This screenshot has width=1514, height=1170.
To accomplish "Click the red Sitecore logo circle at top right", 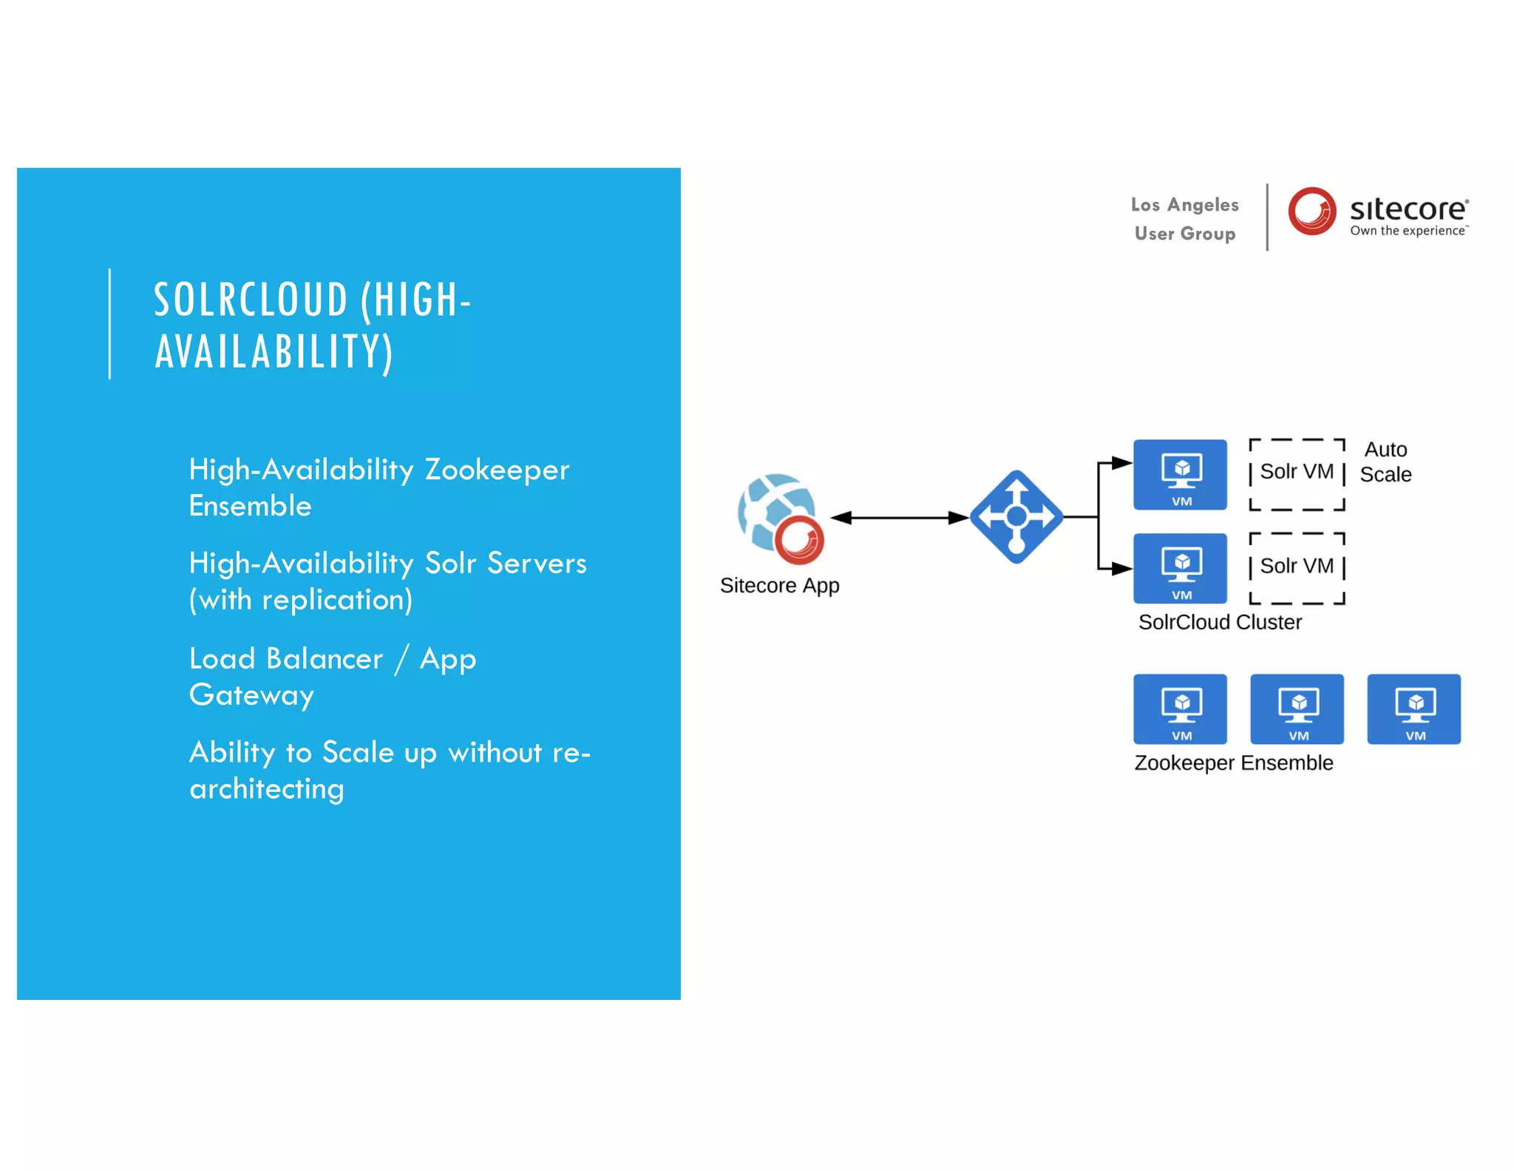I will pyautogui.click(x=1311, y=211).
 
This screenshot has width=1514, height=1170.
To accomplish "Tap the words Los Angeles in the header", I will pyautogui.click(x=1184, y=205).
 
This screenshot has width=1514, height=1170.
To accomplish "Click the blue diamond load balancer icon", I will pyautogui.click(x=1016, y=517).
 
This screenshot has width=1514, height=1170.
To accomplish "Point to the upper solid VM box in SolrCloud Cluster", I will pyautogui.click(x=1181, y=474).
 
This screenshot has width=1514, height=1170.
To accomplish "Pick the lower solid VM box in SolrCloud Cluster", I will pyautogui.click(x=1181, y=568).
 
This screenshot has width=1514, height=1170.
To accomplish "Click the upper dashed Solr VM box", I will pyautogui.click(x=1297, y=474).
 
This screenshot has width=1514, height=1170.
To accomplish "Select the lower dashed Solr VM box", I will pyautogui.click(x=1297, y=568).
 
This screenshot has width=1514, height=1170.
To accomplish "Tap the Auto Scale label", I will pyautogui.click(x=1385, y=462).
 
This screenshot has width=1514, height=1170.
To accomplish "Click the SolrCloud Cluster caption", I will pyautogui.click(x=1220, y=622).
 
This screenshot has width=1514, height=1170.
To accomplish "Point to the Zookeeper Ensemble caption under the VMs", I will pyautogui.click(x=1233, y=762).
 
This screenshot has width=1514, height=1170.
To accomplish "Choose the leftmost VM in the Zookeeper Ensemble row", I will pyautogui.click(x=1181, y=709).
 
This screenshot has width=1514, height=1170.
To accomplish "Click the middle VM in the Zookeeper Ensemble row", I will pyautogui.click(x=1297, y=709).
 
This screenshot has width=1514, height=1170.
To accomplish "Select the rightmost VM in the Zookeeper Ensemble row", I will pyautogui.click(x=1414, y=709).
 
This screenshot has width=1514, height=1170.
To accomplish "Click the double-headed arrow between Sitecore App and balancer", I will pyautogui.click(x=900, y=518).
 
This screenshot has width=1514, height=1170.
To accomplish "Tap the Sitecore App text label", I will pyautogui.click(x=779, y=586).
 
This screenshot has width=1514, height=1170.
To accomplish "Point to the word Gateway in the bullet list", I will pyautogui.click(x=251, y=695).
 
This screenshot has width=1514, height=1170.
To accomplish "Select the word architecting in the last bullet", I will pyautogui.click(x=267, y=789).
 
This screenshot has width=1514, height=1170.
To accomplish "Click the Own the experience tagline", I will pyautogui.click(x=1408, y=231).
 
